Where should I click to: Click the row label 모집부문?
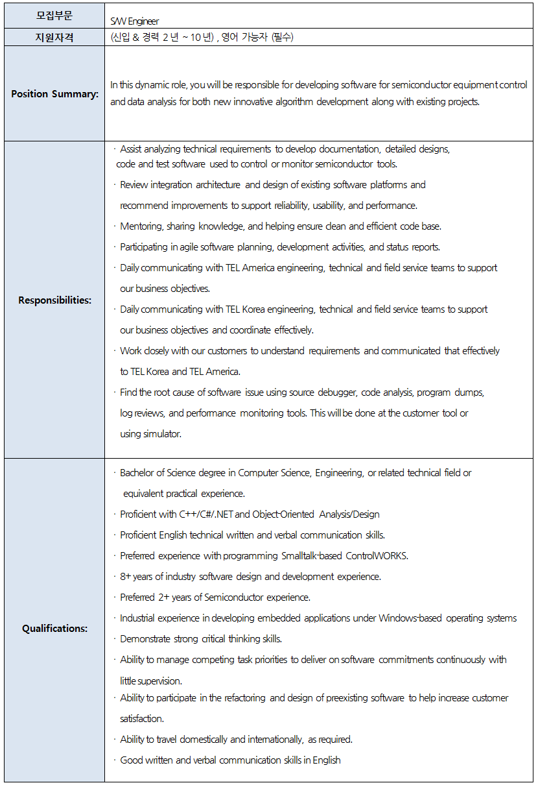54,16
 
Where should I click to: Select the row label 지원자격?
54,38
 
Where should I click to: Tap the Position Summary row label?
54,94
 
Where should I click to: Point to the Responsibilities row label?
54,300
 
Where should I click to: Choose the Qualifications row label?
54,628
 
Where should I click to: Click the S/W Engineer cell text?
135,21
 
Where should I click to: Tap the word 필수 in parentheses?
282,38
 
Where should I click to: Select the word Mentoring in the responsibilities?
141,226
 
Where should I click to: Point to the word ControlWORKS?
377,556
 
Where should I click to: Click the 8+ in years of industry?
126,577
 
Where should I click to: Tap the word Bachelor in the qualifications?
138,473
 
